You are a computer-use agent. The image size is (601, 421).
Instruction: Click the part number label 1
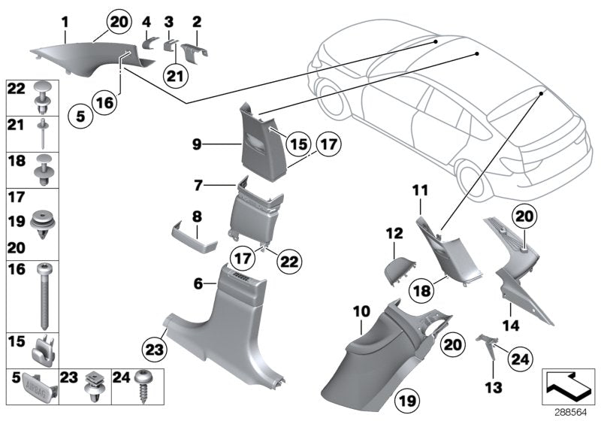(x=65, y=23)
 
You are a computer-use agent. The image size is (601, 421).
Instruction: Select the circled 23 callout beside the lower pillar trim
(x=155, y=349)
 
